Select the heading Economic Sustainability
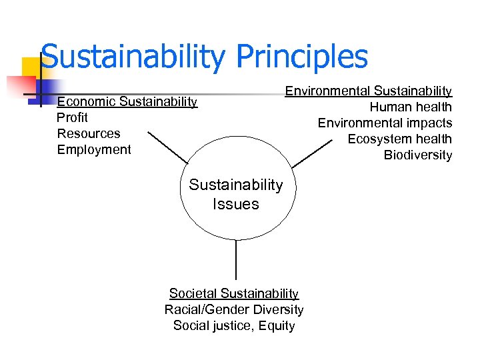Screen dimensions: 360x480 [x=127, y=101]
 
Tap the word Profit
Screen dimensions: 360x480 [x=73, y=117]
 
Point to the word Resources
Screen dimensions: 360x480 [x=89, y=133]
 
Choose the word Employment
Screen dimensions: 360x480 [x=94, y=149]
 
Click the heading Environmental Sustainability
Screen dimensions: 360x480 [x=369, y=91]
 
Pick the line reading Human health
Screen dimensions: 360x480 [x=411, y=107]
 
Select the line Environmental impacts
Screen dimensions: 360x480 [x=385, y=123]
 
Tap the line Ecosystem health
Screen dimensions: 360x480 [x=400, y=139]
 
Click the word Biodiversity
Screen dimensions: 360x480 [x=417, y=155]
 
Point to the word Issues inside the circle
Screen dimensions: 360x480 [x=236, y=204]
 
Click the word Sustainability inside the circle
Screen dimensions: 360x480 [x=236, y=185]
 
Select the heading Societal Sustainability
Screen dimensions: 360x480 [x=234, y=293]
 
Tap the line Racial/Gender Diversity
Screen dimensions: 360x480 [x=234, y=309]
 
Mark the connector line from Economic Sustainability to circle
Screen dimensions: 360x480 [x=168, y=147]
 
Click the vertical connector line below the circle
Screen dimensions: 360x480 [x=236, y=259]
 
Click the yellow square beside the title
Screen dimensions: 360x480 [x=31, y=67]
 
